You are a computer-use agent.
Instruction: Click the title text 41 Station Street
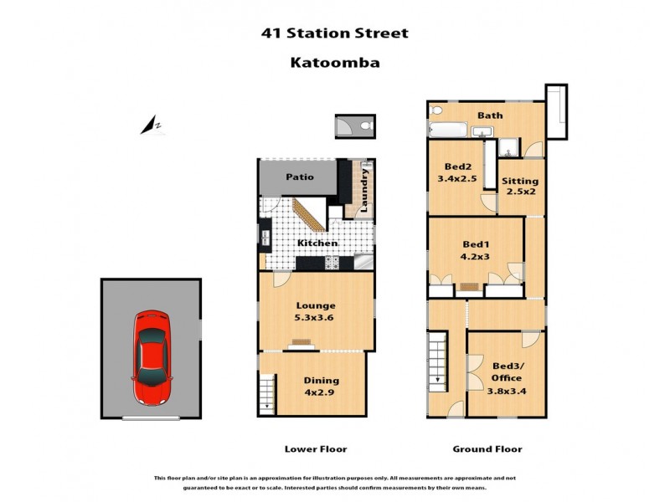tap(335, 33)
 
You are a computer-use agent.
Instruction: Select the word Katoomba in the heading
tap(335, 62)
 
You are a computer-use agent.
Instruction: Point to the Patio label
tap(299, 177)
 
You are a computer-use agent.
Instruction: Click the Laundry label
tap(364, 189)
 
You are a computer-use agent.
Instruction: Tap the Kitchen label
tap(318, 243)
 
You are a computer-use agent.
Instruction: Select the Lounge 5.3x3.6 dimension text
tap(316, 312)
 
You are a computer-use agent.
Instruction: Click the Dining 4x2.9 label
tap(321, 386)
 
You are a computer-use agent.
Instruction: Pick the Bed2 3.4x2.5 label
tap(456, 172)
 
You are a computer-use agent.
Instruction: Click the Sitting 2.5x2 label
tap(519, 187)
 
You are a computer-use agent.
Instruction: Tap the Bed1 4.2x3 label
tap(475, 251)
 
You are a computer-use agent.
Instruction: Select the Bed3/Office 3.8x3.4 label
tap(505, 376)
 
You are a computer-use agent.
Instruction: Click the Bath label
tap(490, 115)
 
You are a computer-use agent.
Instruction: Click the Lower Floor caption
tap(315, 449)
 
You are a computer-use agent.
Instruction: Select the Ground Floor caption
tap(487, 449)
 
